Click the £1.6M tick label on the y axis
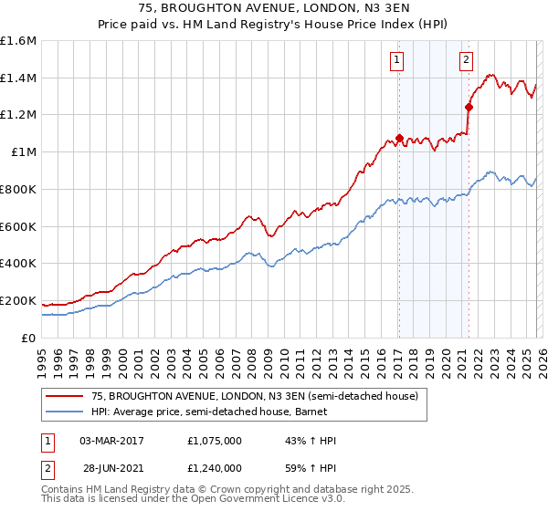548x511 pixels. click(18, 41)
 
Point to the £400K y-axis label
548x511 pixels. click(18, 263)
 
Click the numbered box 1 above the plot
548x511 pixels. click(398, 61)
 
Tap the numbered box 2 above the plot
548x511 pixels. click(466, 61)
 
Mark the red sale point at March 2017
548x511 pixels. click(399, 139)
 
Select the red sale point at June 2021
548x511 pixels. click(469, 108)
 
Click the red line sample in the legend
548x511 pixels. click(64, 396)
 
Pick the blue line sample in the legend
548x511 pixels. click(64, 412)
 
